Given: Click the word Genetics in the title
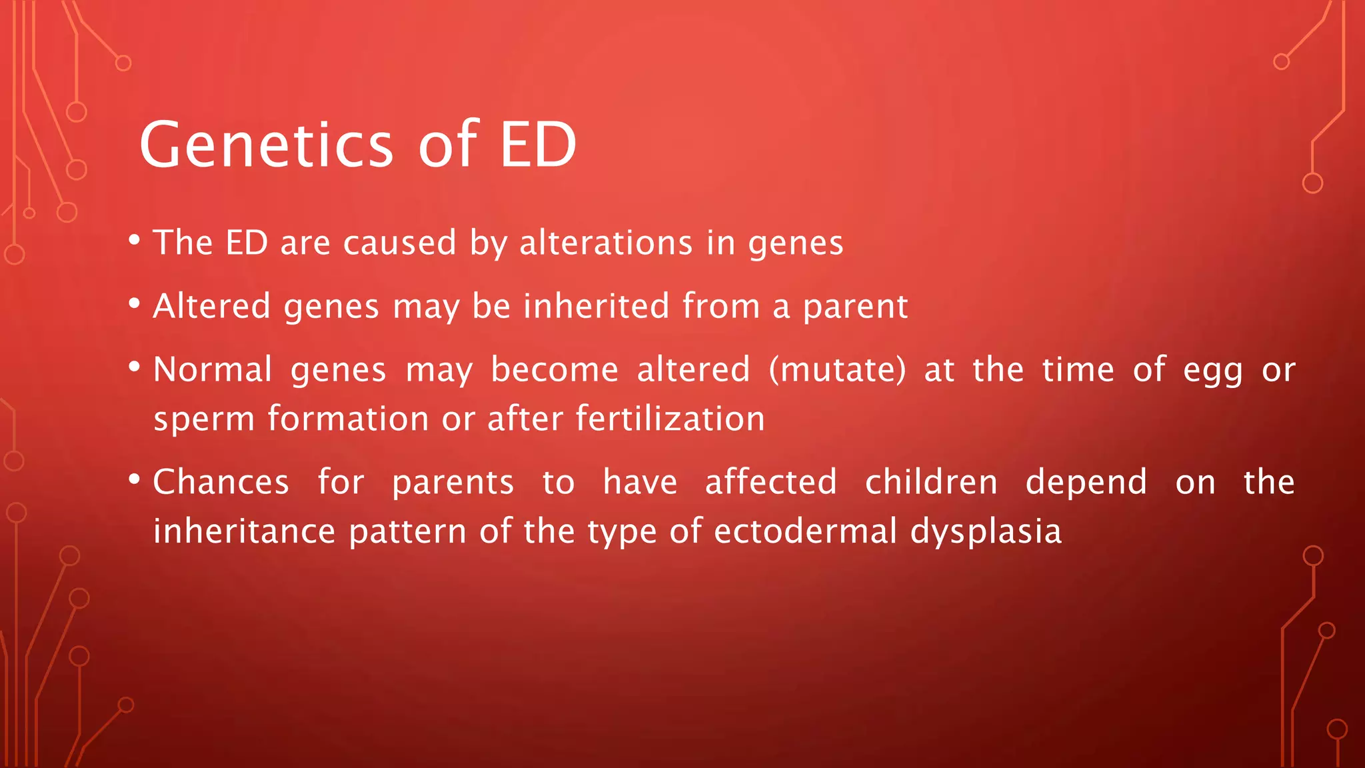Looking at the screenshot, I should click(267, 145).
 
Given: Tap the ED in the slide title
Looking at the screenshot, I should click(537, 145).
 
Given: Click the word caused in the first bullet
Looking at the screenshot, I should click(399, 243).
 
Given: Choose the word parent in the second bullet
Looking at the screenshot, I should click(855, 307).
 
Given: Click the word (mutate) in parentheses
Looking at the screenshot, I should click(837, 370).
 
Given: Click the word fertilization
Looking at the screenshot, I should click(670, 419).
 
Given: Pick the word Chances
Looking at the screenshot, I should click(221, 481).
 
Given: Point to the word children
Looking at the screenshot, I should click(931, 481).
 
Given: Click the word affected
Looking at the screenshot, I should click(770, 481).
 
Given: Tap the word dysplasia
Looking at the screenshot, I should click(986, 533).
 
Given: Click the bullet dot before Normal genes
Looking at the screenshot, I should click(135, 367).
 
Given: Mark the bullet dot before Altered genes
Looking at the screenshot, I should click(135, 303).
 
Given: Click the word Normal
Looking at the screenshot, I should click(213, 369).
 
